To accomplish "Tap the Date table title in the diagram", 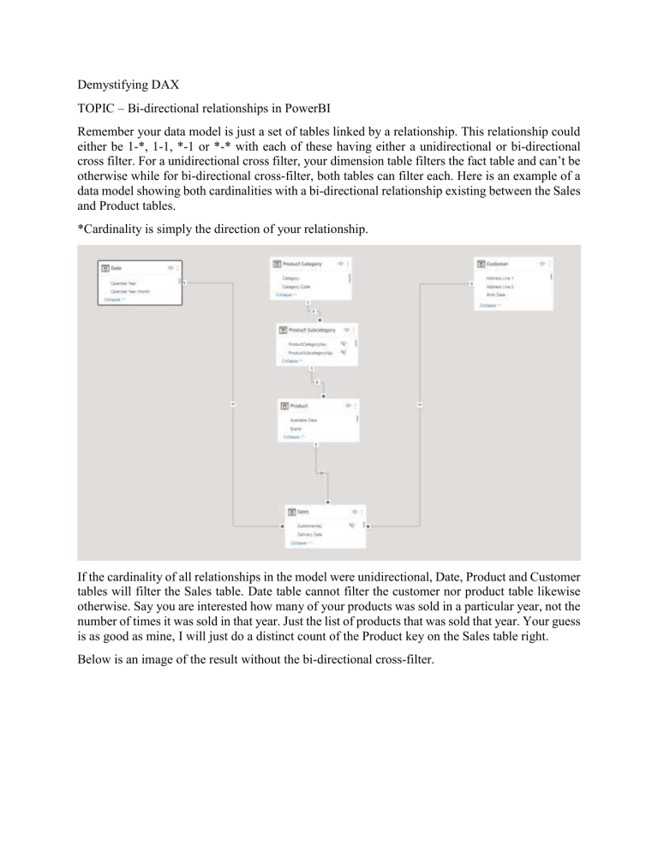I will pyautogui.click(x=117, y=268).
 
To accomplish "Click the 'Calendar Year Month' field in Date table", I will pyautogui.click(x=131, y=291).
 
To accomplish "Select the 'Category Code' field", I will pyautogui.click(x=296, y=287).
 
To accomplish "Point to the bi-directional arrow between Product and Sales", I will pyautogui.click(x=320, y=473).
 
